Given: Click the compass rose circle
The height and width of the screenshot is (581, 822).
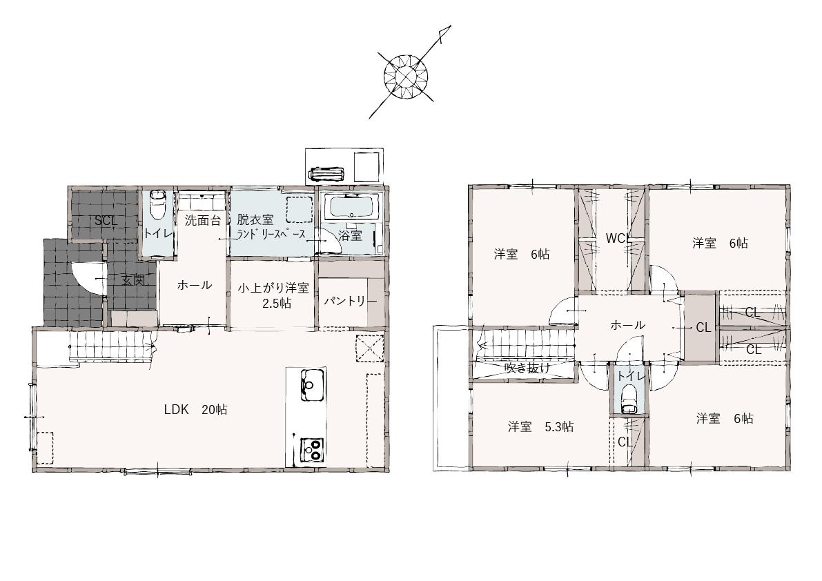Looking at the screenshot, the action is pos(407,77).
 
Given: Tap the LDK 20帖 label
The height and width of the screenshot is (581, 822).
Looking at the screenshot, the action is pos(195,410).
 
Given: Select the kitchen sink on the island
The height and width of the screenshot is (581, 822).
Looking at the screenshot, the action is pos(313,385).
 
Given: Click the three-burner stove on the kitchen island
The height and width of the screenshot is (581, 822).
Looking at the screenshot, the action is pos(313,450).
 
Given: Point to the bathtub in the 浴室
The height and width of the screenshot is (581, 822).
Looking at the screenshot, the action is pos(352,208).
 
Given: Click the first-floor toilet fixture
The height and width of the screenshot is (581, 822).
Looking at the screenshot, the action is pos(157,205).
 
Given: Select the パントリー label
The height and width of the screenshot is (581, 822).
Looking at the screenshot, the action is pos(350,302).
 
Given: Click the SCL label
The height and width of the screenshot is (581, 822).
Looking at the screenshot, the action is pos(106,221).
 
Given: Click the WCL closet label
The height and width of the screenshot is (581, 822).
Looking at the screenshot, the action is pos(618,238).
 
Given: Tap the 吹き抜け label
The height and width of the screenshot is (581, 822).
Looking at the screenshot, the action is pos(527,368).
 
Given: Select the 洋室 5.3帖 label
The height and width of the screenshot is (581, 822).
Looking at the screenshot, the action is pos(540,427).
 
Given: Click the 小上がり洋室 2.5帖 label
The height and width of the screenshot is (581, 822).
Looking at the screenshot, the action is pos(273,295).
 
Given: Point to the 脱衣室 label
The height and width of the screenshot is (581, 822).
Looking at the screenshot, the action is pos(255,219).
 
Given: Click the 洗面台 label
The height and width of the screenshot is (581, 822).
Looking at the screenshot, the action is pos(203,220).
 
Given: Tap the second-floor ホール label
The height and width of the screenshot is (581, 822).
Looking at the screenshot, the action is pos(627,325).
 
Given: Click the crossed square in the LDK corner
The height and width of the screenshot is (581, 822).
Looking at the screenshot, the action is pos(369,348).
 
